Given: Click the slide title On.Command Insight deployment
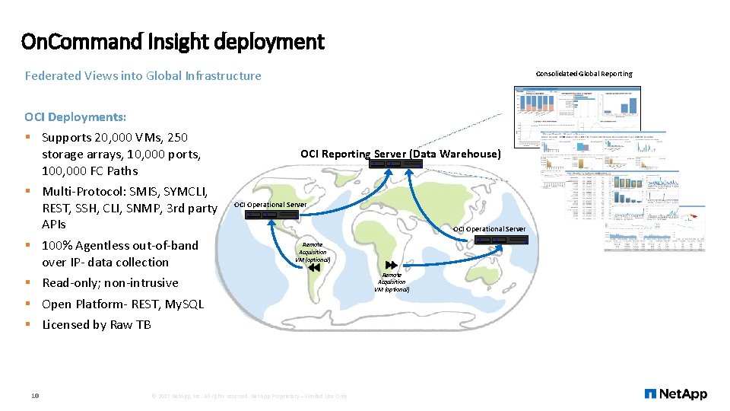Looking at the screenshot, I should click(x=173, y=41).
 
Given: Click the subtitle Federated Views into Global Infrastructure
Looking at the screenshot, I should click(x=143, y=75).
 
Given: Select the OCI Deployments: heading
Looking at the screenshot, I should click(x=75, y=116).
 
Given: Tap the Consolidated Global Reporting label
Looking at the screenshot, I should click(x=583, y=74).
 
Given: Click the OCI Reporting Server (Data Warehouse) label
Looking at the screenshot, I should click(x=401, y=154).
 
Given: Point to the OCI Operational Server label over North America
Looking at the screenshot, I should click(x=270, y=204).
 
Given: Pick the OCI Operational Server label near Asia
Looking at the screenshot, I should click(x=489, y=229).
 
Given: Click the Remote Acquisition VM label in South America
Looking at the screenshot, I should click(x=313, y=252).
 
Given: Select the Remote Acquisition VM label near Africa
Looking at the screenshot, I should click(x=392, y=282).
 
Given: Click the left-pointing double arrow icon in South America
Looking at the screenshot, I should click(x=315, y=267).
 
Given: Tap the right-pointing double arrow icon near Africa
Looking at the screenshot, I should click(x=392, y=265).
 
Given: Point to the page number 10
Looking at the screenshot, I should click(x=35, y=395).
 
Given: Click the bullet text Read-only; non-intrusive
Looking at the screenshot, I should click(x=110, y=282).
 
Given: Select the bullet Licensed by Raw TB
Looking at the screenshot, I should click(x=97, y=324).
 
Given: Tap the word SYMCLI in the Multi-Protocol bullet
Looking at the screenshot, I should click(x=182, y=190).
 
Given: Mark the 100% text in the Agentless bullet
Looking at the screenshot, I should click(x=57, y=245).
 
